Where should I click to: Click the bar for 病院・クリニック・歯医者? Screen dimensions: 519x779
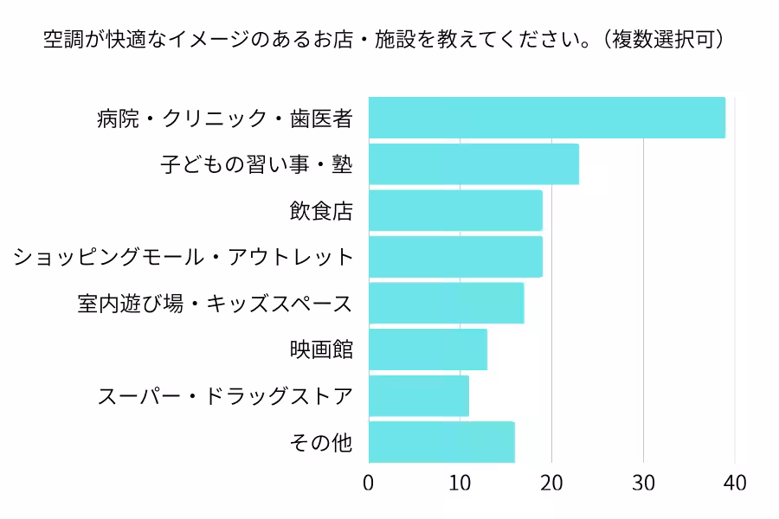pyautogui.click(x=547, y=118)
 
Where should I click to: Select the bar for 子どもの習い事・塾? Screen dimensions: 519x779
pyautogui.click(x=473, y=164)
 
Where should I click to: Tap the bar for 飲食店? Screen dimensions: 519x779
pyautogui.click(x=455, y=210)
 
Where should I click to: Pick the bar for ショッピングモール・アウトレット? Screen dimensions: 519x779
pyautogui.click(x=455, y=257)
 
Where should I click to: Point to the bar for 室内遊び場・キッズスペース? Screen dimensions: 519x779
pyautogui.click(x=446, y=303)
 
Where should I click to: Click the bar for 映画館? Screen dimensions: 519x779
pyautogui.click(x=428, y=349)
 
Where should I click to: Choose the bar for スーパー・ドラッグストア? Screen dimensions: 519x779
pyautogui.click(x=419, y=396)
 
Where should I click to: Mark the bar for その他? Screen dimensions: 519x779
pyautogui.click(x=441, y=442)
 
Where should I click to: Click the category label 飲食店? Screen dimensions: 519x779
pyautogui.click(x=321, y=211)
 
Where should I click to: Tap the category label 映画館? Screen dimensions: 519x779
pyautogui.click(x=321, y=350)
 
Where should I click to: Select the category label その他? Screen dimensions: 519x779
pyautogui.click(x=321, y=443)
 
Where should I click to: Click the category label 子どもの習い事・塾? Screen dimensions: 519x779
pyautogui.click(x=257, y=164)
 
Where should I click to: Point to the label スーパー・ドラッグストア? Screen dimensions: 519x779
pyautogui.click(x=225, y=397)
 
